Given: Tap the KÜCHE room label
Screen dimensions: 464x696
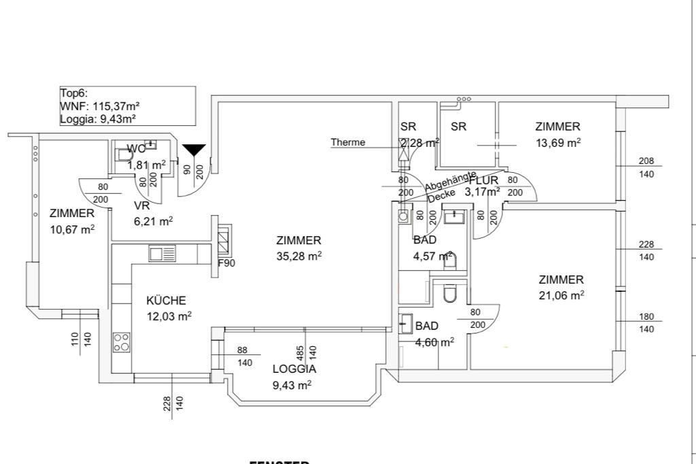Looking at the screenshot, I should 167,300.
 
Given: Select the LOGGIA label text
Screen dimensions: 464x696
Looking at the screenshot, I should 294,369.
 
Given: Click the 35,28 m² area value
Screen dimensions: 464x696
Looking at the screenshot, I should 299,256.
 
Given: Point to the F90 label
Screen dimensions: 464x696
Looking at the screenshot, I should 226,263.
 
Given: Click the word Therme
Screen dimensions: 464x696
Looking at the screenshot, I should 348,142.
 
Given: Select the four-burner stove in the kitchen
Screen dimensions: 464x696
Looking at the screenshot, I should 122,342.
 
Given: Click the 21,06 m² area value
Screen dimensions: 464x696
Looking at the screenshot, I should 561,295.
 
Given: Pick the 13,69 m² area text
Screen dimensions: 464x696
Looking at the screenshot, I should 558,142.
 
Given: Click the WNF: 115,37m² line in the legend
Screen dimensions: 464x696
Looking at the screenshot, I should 100,106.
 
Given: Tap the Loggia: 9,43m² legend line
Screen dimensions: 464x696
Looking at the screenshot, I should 98,118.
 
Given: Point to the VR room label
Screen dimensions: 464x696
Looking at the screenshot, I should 141,205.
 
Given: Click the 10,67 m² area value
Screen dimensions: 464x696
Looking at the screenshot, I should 72,229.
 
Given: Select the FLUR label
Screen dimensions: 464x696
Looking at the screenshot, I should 483,180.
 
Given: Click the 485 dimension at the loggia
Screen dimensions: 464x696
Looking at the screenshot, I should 300,352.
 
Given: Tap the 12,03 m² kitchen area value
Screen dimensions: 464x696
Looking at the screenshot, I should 169,316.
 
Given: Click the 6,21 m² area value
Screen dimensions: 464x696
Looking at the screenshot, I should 153,220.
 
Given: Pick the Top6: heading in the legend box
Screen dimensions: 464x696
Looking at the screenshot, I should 74,94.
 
